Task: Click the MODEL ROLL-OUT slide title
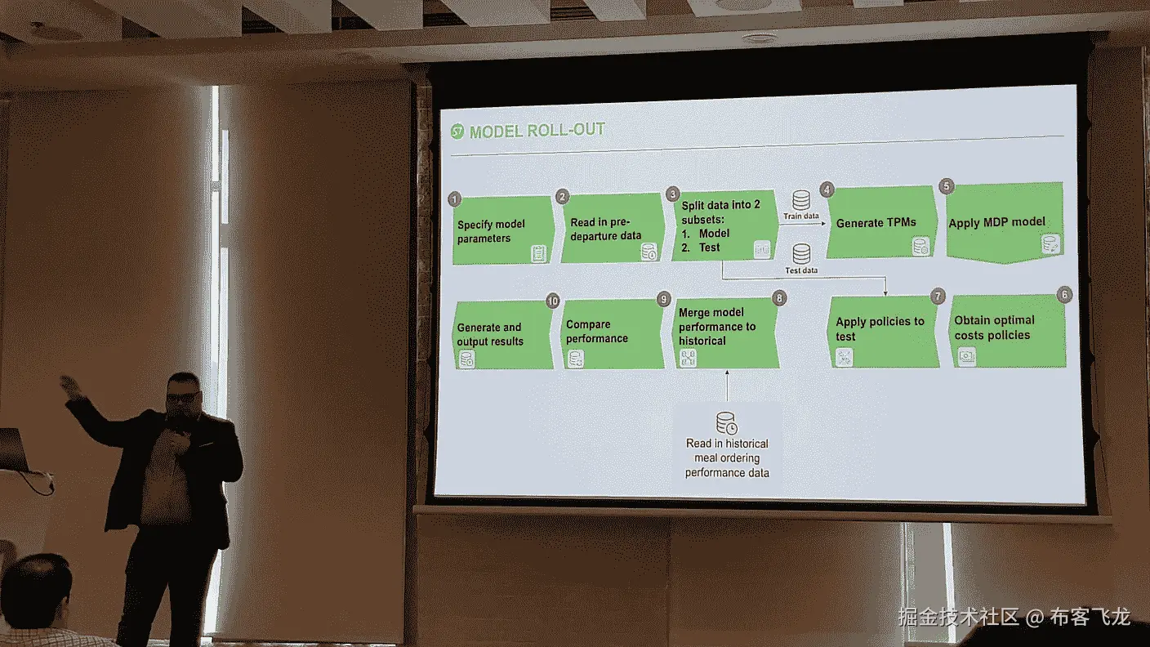click(x=537, y=132)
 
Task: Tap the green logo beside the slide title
click(x=458, y=132)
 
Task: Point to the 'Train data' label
click(x=801, y=216)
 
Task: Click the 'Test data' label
click(x=801, y=270)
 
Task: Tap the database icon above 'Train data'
click(x=801, y=199)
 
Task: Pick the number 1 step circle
click(x=455, y=199)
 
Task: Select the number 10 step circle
click(x=553, y=301)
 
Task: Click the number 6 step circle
click(x=1063, y=294)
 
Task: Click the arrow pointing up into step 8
click(x=726, y=384)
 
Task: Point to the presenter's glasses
click(x=181, y=398)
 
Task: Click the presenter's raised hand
click(x=70, y=386)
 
